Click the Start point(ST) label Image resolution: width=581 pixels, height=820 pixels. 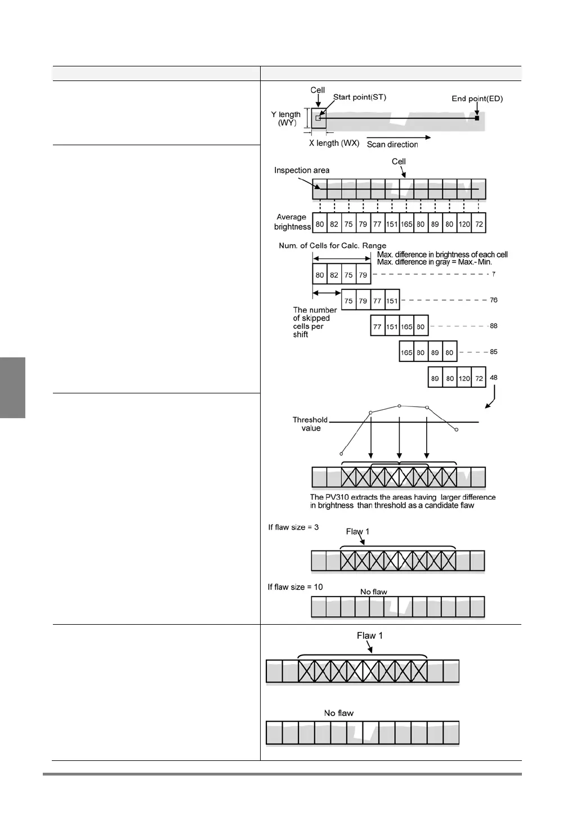point(359,97)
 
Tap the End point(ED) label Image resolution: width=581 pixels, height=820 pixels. point(477,98)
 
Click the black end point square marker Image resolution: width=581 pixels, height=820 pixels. point(477,118)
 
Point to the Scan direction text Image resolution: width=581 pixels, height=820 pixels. point(392,145)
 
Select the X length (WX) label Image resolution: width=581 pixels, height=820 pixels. point(334,144)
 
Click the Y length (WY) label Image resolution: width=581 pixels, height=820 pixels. point(286,119)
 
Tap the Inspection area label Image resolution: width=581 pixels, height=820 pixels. point(302,171)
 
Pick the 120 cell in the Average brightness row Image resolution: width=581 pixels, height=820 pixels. point(464,224)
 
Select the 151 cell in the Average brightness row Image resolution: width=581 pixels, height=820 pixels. point(392,224)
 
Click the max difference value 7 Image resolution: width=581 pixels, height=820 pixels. point(493,274)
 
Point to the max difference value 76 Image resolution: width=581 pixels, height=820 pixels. point(493,300)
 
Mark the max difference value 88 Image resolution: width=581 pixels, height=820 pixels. point(493,326)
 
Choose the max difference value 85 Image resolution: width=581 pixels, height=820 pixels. point(493,352)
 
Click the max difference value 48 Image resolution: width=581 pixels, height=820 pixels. point(493,378)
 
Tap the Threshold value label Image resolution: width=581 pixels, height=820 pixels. point(310,424)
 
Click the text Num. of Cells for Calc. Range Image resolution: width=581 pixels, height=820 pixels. point(332,246)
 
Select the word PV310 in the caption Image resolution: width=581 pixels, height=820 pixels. point(337,498)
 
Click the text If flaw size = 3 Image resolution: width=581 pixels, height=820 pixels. point(293,527)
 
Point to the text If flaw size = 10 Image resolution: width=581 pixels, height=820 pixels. point(295,587)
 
